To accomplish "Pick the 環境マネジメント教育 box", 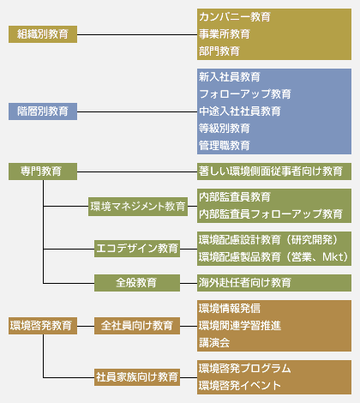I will point(138,206).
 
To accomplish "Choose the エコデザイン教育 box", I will point(138,249).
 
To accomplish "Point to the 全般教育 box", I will point(138,282).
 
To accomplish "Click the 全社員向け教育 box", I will point(138,325).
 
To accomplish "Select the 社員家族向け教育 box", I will point(138,376).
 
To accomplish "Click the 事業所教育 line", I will point(224,34).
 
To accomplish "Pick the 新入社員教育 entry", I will point(229,77).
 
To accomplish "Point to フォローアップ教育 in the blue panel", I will point(244,93).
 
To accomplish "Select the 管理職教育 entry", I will point(224,145).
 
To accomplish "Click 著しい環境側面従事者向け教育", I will point(270,171).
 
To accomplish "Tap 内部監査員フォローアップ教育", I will point(270,214).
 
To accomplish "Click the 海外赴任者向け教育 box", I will point(244,282).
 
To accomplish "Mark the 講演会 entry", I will point(213,342).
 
